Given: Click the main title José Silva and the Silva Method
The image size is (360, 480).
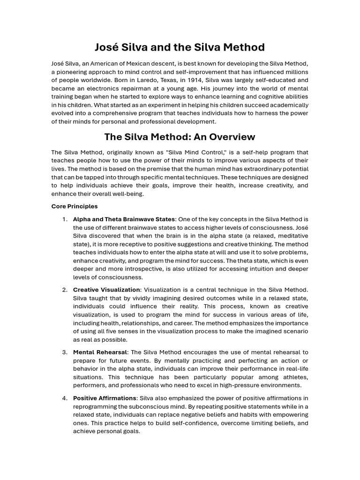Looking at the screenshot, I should pyautogui.click(x=180, y=47).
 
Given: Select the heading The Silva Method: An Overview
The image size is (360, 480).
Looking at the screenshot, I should pyautogui.click(x=180, y=137).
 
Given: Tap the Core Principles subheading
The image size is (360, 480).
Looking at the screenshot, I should pyautogui.click(x=75, y=206).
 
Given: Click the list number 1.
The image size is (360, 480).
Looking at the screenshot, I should pyautogui.click(x=65, y=219).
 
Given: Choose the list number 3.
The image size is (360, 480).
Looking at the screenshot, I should pyautogui.click(x=65, y=352).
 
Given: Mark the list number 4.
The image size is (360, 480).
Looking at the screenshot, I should pyautogui.click(x=65, y=398).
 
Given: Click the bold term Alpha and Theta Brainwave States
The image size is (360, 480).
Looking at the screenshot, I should pyautogui.click(x=124, y=219).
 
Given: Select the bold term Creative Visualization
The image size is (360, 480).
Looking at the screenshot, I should pyautogui.click(x=106, y=290).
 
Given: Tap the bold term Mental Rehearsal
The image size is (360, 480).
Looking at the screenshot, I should pyautogui.click(x=100, y=352).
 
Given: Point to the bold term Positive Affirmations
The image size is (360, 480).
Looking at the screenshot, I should pyautogui.click(x=105, y=398).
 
